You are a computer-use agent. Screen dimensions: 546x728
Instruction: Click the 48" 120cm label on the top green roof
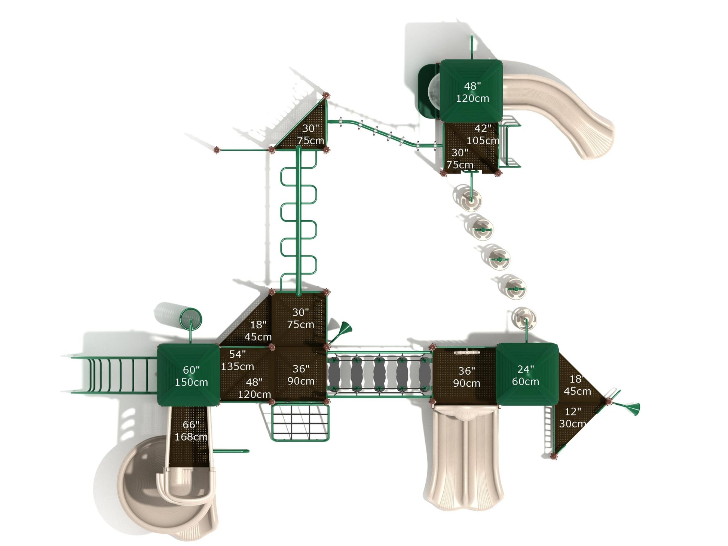click(x=472, y=92)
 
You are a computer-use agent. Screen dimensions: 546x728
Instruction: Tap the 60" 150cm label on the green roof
click(x=191, y=376)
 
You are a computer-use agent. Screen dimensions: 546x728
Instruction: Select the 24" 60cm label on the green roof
click(x=525, y=375)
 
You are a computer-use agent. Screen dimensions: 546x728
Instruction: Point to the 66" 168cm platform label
click(x=191, y=430)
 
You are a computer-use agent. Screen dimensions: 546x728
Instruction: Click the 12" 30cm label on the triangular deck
click(x=572, y=417)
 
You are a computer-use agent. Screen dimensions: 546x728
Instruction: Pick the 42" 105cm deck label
click(x=483, y=134)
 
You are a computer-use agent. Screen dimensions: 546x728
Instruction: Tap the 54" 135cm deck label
click(x=237, y=360)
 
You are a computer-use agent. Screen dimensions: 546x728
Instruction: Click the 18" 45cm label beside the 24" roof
click(x=577, y=385)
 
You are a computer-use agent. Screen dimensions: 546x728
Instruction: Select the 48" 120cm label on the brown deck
click(x=254, y=388)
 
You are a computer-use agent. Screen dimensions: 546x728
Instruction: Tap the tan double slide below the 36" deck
click(x=464, y=460)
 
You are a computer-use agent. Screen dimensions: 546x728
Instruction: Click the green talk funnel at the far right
click(x=632, y=408)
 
